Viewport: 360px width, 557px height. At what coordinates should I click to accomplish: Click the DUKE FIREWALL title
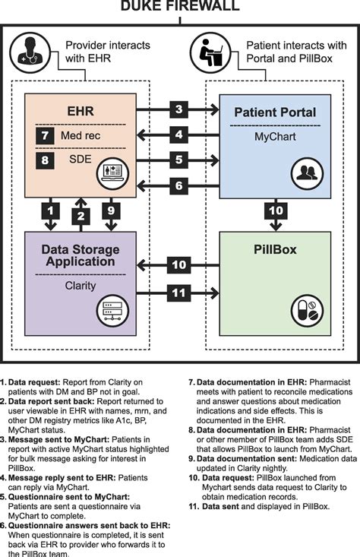tap(180, 7)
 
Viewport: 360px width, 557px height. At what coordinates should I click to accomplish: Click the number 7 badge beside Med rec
tap(45, 137)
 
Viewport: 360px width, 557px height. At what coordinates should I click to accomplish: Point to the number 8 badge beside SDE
tap(45, 161)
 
